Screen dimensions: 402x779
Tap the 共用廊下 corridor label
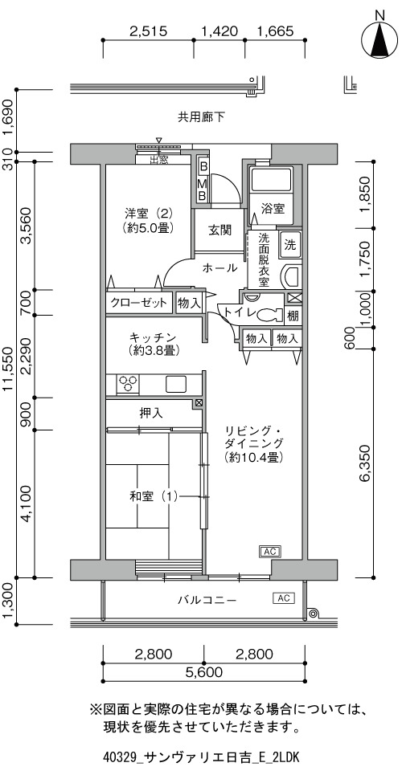(x=201, y=117)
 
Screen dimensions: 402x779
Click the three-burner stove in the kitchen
(x=128, y=385)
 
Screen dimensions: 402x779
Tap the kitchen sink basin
(x=175, y=385)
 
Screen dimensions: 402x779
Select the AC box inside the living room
(x=269, y=552)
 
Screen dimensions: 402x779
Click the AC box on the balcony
(x=284, y=598)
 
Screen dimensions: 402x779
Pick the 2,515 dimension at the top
(x=148, y=31)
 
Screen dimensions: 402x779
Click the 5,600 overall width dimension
(x=203, y=673)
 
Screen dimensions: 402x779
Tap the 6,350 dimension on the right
(x=366, y=466)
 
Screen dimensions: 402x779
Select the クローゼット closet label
(x=138, y=303)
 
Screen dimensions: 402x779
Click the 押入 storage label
(x=151, y=413)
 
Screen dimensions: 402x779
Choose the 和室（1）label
(x=154, y=496)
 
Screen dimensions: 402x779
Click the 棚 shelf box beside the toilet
(x=293, y=315)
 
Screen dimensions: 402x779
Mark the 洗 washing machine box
(x=290, y=244)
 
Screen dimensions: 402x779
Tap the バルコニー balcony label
(x=207, y=600)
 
